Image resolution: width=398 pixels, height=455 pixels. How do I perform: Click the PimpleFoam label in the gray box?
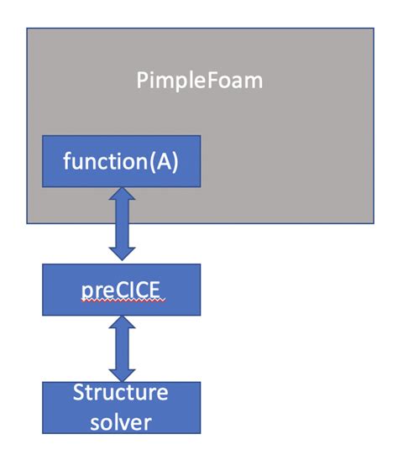coord(199,81)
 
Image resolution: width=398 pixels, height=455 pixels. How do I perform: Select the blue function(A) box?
coord(122,161)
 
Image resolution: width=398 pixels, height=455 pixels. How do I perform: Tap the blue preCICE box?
coord(122,290)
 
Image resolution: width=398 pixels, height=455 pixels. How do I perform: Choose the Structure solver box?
coord(122,406)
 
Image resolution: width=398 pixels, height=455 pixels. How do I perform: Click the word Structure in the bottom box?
coord(121,393)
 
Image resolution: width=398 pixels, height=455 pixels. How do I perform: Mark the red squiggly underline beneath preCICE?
coord(122,301)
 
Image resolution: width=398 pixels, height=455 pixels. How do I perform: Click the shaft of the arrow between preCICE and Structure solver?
coord(122,348)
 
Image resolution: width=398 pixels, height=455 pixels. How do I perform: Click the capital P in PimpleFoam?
coord(142,81)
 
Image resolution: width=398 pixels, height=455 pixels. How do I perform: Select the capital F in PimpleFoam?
coord(210,81)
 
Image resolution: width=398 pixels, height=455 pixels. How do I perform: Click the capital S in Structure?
coord(79,393)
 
